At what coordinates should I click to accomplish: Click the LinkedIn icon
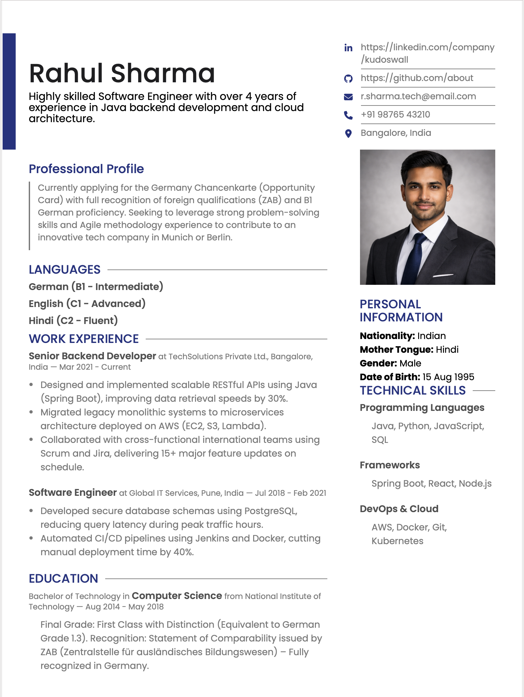pyautogui.click(x=348, y=48)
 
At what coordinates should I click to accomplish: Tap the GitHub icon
pyautogui.click(x=348, y=78)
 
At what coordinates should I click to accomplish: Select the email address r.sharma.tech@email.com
pyautogui.click(x=418, y=96)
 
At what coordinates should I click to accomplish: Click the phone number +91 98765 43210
pyautogui.click(x=395, y=115)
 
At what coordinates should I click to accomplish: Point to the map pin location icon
pyautogui.click(x=348, y=133)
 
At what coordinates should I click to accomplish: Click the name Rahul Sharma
pyautogui.click(x=122, y=73)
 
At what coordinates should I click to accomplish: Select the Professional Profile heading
pyautogui.click(x=86, y=169)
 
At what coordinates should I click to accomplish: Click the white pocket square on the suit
pyautogui.click(x=443, y=275)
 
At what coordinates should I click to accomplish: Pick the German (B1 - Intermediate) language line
pyautogui.click(x=96, y=287)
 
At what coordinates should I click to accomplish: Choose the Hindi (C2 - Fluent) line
pyautogui.click(x=73, y=321)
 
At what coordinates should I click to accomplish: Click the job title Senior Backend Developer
pyautogui.click(x=92, y=356)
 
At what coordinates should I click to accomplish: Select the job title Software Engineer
pyautogui.click(x=73, y=493)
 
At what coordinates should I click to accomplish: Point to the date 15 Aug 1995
pyautogui.click(x=448, y=377)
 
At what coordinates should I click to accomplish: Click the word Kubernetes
pyautogui.click(x=397, y=541)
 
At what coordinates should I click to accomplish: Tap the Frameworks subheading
pyautogui.click(x=390, y=465)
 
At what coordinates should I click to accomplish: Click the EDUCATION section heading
pyautogui.click(x=63, y=579)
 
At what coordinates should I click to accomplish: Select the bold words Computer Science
pyautogui.click(x=177, y=596)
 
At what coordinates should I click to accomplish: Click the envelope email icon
pyautogui.click(x=348, y=97)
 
